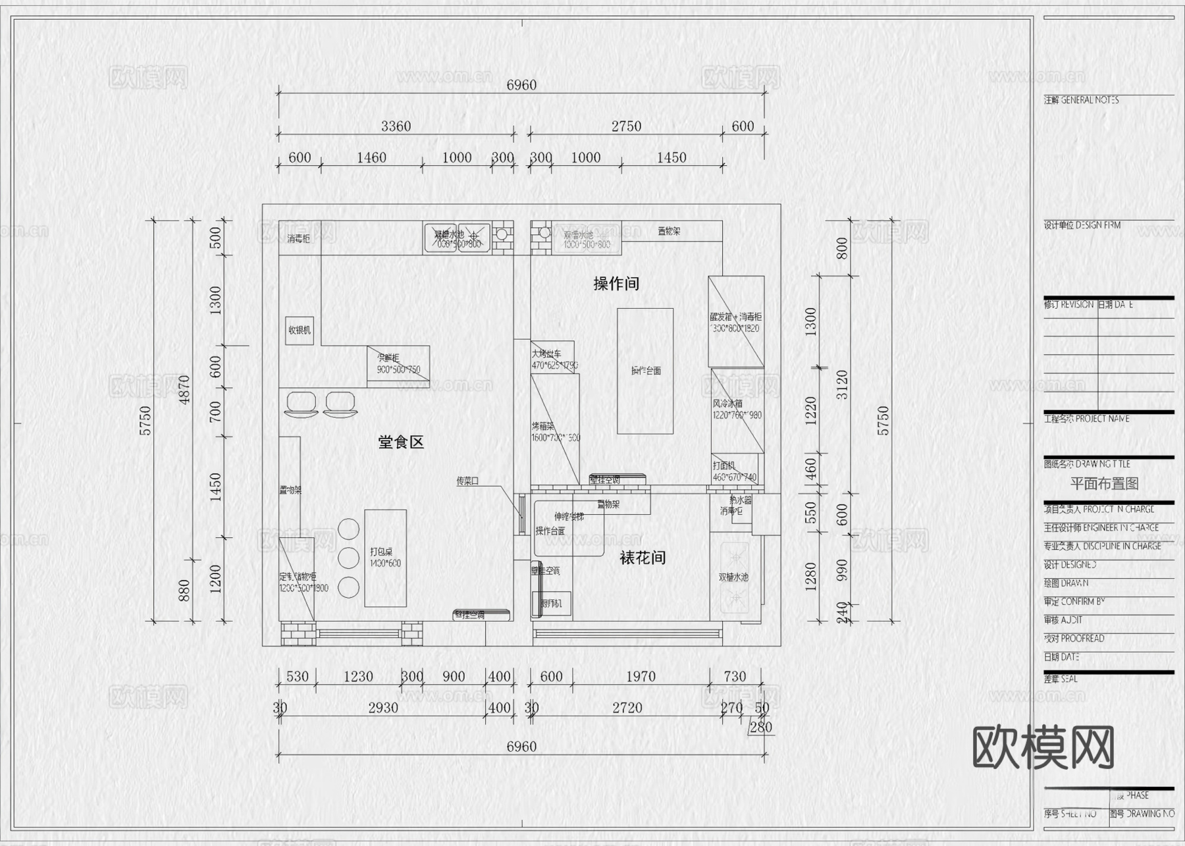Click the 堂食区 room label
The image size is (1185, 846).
(x=400, y=442)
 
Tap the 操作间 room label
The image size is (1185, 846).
(x=616, y=284)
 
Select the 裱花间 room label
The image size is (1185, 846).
(x=643, y=558)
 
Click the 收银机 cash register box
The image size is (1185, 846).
(x=300, y=330)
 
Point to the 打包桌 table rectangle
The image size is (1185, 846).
(x=385, y=558)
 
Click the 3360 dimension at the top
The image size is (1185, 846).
(x=396, y=126)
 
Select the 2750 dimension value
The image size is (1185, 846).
(x=626, y=126)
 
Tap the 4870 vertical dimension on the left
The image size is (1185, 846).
(x=184, y=390)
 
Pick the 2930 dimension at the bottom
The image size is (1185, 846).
(x=383, y=708)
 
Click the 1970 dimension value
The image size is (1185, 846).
(x=641, y=677)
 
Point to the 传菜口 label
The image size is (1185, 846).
(x=467, y=481)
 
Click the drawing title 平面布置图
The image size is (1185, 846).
(x=1104, y=484)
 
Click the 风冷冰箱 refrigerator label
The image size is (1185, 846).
(x=727, y=404)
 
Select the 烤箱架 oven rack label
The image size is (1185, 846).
(x=542, y=427)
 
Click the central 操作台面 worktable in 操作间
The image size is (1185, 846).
(x=645, y=371)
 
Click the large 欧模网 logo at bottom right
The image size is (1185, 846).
(x=1043, y=748)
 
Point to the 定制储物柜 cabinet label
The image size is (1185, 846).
(x=298, y=577)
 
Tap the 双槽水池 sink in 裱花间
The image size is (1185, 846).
(x=733, y=577)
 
